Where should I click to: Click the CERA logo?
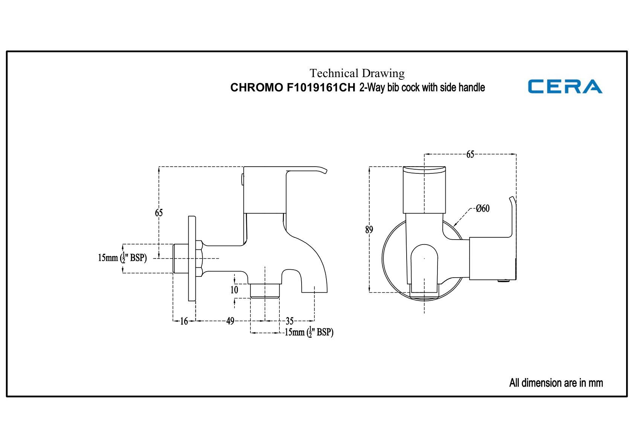click(565, 86)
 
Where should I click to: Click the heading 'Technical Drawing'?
click(357, 73)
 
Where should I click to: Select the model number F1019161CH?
click(321, 88)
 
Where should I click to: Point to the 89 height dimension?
click(369, 230)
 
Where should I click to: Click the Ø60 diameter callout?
click(483, 208)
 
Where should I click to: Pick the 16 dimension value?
click(184, 321)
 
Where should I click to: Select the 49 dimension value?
click(230, 321)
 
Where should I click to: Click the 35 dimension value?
click(290, 321)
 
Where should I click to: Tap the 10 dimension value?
click(234, 290)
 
